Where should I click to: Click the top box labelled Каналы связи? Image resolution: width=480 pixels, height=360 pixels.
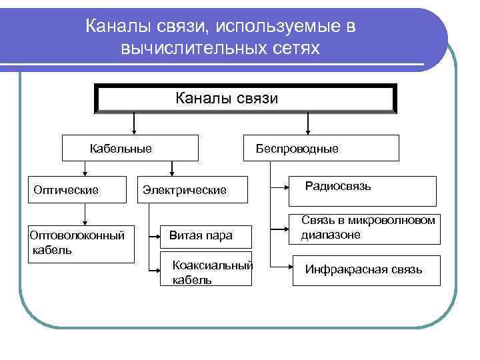pos(247,99)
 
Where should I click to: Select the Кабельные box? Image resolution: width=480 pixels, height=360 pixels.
pos(130,148)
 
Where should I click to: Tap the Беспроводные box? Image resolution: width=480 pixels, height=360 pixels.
pos(323,148)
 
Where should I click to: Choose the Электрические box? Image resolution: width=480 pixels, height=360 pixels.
pos(184,191)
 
